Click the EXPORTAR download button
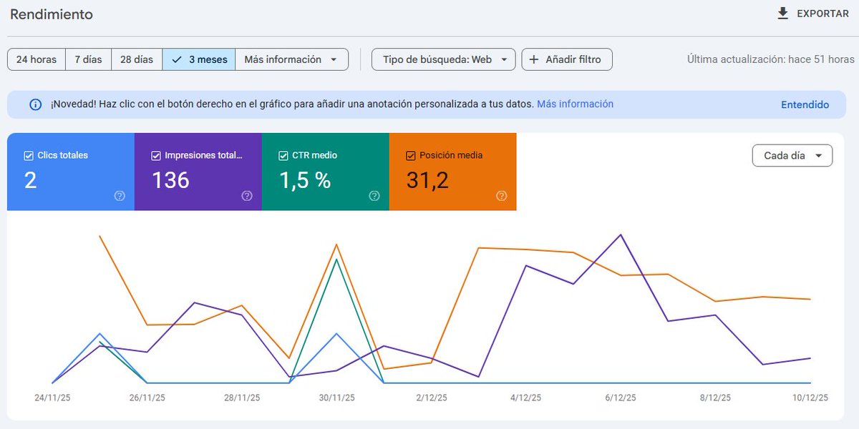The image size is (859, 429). coord(813,14)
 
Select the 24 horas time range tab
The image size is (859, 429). coord(37,59)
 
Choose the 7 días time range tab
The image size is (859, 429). coord(88,59)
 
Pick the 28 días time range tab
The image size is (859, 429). coord(136,59)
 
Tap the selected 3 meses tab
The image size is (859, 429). coord(199,59)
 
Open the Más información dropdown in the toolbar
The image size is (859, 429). coord(291,59)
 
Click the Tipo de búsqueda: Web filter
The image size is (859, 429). coord(443,59)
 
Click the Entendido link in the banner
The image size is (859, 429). coord(805,104)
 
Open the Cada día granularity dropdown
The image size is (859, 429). coord(792,155)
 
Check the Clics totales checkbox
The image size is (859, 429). coord(29,155)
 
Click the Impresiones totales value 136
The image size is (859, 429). coord(170,180)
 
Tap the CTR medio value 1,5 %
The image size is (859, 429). coord(305,180)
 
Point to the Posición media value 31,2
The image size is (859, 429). coord(427,180)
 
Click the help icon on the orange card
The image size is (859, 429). coord(501,196)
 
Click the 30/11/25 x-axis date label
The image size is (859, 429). coord(336,398)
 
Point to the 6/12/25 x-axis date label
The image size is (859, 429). coord(620,398)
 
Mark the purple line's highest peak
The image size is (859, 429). coord(621,235)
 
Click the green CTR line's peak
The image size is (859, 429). coord(336,259)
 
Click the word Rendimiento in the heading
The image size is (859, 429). coord(52,14)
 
